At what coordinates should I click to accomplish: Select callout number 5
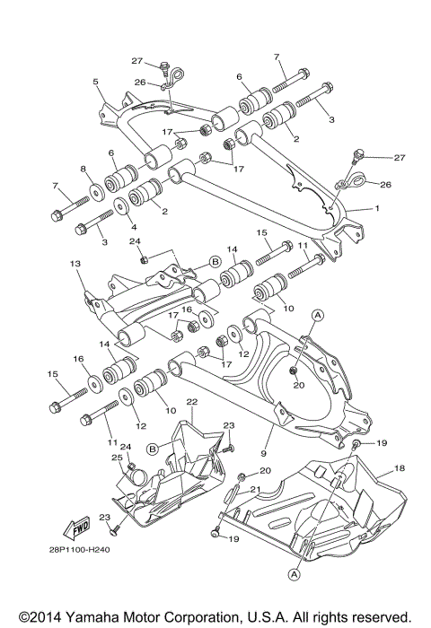[x=95, y=82]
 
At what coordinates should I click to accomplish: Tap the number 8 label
[x=82, y=169]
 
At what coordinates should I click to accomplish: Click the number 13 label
[x=75, y=264]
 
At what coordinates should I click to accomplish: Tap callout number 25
[x=116, y=458]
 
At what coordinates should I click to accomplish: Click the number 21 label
[x=254, y=489]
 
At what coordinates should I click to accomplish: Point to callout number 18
[x=399, y=467]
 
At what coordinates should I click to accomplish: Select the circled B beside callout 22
[x=153, y=446]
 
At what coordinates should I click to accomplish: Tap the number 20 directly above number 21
[x=264, y=470]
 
